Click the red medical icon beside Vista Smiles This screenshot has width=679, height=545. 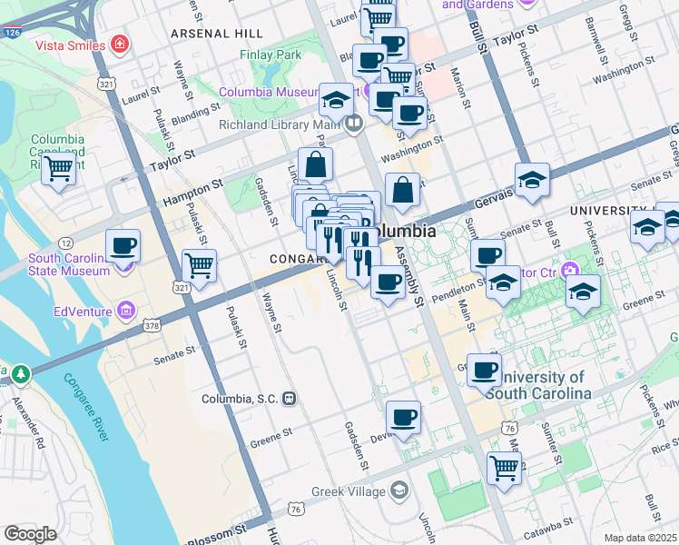(x=119, y=44)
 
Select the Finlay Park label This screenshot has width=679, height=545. (x=271, y=54)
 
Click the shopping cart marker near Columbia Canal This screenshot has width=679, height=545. (x=59, y=167)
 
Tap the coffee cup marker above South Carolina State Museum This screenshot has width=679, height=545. (x=123, y=245)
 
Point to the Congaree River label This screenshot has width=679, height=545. (x=86, y=408)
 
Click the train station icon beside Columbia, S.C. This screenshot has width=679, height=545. (x=290, y=398)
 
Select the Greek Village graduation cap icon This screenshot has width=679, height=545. (x=399, y=491)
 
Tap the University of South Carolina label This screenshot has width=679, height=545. (x=537, y=385)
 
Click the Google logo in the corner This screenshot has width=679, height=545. (x=30, y=534)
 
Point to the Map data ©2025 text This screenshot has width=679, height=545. (x=640, y=538)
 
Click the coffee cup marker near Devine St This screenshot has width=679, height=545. (x=403, y=418)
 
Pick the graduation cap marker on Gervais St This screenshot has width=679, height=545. (x=532, y=179)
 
